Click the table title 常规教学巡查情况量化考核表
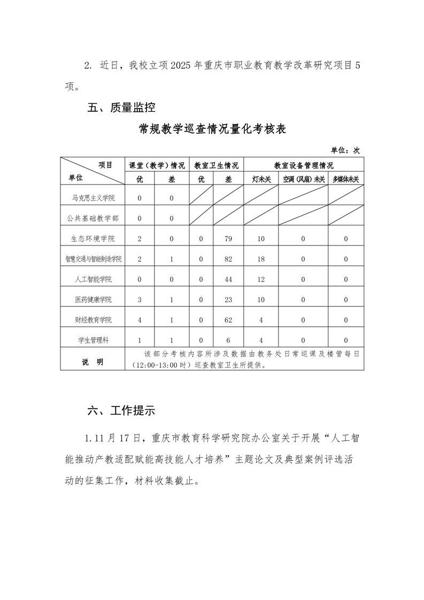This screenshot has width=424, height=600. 213,129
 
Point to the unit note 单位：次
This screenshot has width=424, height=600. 345,150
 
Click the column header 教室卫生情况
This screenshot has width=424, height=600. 216,165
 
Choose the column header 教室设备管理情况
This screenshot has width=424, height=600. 303,165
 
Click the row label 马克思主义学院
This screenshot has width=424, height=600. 94,198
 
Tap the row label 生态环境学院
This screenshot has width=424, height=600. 94,239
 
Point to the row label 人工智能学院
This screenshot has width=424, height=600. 94,279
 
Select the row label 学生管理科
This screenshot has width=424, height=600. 94,340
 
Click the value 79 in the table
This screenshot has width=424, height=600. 228,239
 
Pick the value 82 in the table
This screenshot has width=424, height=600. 228,259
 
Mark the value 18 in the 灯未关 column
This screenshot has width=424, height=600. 261,259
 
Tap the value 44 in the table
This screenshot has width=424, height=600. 228,279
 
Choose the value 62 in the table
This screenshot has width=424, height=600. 228,320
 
